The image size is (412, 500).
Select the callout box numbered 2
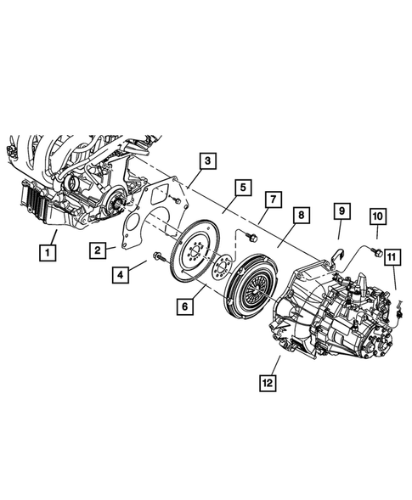point(99,249)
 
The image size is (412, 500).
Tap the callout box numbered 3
point(208,160)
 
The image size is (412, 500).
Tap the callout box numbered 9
point(340,210)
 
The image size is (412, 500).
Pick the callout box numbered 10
point(377,218)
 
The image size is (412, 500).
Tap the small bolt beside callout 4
point(157,257)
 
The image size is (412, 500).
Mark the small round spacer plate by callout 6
point(223,269)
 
